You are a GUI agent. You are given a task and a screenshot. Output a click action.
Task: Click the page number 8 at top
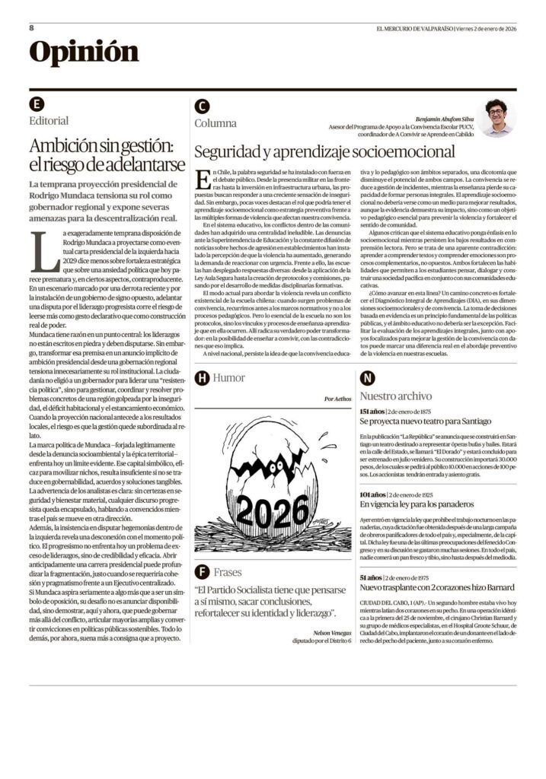point(32,28)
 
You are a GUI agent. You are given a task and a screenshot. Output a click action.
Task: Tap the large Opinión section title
point(84,52)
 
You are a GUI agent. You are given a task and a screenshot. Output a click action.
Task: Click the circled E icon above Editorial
point(37,104)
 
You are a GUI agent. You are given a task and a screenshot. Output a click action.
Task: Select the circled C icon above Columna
point(202,107)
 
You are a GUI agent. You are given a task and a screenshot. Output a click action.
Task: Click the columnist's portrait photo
point(497,118)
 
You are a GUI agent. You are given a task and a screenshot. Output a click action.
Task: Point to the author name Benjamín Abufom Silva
point(443,119)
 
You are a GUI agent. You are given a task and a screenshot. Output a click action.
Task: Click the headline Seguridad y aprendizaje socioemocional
point(324,151)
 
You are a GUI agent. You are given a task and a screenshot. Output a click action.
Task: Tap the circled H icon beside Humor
point(202,377)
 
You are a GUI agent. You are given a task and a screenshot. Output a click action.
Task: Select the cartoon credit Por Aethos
point(337,399)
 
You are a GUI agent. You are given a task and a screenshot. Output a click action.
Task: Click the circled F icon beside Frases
point(202,571)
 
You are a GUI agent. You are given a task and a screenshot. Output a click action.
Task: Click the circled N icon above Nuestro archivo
point(367,377)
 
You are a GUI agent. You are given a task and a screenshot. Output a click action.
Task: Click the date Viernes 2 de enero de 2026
point(486,28)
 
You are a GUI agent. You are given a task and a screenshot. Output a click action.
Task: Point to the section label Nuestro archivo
point(395,396)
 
